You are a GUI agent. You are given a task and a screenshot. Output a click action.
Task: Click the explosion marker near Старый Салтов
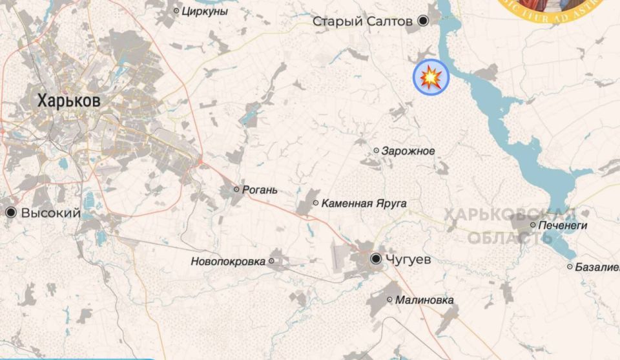[431, 77]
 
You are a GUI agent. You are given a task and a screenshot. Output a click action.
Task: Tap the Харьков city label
[69, 100]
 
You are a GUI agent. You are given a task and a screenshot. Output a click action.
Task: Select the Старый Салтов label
[362, 21]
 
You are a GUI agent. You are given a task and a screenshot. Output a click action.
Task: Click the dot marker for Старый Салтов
[424, 21]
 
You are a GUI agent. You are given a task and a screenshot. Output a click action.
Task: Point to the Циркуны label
[205, 11]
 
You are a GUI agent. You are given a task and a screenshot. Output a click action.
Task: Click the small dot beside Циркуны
[176, 11]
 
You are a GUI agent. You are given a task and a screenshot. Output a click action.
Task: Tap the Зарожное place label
[408, 151]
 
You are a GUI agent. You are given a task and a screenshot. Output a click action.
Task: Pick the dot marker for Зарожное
[377, 151]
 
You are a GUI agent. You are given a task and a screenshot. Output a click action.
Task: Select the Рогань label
[260, 190]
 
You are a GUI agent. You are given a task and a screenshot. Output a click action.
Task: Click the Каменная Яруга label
[364, 203]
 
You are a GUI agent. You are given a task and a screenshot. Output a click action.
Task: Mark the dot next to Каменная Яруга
[316, 203]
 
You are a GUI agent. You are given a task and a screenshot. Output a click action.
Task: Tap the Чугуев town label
[407, 259]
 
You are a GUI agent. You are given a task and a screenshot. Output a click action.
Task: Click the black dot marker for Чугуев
[376, 259]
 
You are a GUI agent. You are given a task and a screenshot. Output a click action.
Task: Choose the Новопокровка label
[228, 262]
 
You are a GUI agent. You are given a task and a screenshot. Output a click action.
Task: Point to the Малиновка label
[424, 300]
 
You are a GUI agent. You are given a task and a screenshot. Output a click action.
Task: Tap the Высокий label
[51, 213]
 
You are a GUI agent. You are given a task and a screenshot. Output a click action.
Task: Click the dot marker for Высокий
[10, 212]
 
